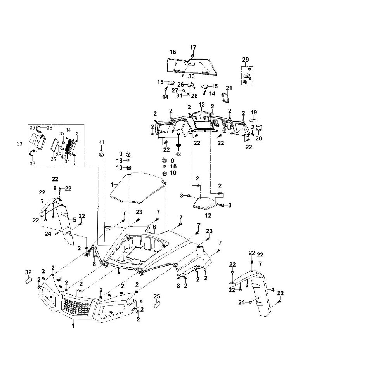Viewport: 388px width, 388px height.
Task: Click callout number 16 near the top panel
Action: click(x=173, y=52)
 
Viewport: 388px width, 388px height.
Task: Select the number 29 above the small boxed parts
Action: click(x=246, y=59)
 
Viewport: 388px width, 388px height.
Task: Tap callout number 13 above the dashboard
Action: click(x=201, y=105)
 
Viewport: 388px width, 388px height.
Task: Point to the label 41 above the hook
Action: click(x=102, y=142)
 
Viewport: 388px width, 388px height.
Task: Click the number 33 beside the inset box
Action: click(x=20, y=144)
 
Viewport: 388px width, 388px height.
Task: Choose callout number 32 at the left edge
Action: click(x=28, y=271)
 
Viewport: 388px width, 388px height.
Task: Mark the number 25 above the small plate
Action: click(x=157, y=296)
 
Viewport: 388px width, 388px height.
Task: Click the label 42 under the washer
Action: click(x=178, y=154)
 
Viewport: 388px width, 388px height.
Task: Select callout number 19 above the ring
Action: click(x=254, y=112)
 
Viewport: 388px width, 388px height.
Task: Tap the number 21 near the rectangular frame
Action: click(x=229, y=88)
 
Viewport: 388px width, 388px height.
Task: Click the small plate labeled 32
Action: click(x=28, y=280)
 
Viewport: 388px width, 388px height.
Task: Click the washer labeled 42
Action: click(x=178, y=145)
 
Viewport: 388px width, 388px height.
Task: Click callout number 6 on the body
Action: click(x=154, y=227)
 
